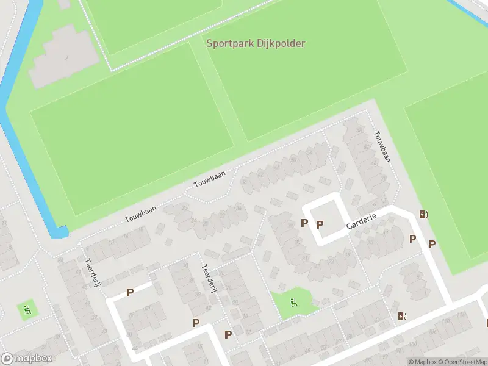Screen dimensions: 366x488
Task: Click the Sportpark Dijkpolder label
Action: tap(256, 43)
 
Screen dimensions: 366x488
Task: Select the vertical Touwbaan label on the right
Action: tap(382, 146)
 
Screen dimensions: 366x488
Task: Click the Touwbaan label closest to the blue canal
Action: tap(140, 213)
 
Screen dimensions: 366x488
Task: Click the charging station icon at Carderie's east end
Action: tap(423, 214)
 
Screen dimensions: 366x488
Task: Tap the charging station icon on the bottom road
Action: tap(401, 315)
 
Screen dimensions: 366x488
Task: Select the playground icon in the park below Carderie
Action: tap(294, 301)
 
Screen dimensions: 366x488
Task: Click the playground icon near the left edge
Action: tap(27, 310)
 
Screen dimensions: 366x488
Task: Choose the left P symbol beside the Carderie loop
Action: tap(304, 223)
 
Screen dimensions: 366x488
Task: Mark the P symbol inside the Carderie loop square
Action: tap(320, 225)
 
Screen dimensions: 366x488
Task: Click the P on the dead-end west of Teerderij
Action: tap(130, 293)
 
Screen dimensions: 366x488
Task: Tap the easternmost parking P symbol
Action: tap(432, 245)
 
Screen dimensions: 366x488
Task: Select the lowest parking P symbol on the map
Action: tap(228, 334)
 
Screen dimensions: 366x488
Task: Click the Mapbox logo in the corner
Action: tap(27, 359)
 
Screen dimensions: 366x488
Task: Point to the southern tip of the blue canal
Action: tap(59, 232)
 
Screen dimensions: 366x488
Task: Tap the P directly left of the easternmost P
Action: tap(413, 239)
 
